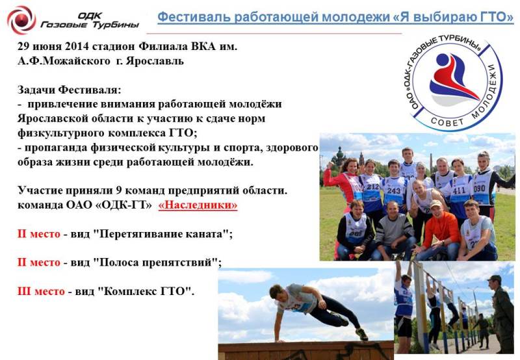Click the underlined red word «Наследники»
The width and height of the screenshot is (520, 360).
[x=198, y=205]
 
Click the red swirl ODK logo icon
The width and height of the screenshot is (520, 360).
[x=21, y=19]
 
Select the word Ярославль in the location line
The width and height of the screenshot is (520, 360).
[x=155, y=60]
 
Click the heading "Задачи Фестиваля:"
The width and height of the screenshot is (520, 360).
[x=70, y=90]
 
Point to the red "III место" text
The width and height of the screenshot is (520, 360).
[x=41, y=291]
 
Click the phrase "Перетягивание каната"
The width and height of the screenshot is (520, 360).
[x=161, y=234]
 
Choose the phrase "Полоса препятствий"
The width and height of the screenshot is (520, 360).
[x=155, y=263]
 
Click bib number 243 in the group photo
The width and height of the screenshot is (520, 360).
[x=394, y=190]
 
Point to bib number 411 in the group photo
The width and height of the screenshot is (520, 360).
[x=459, y=190]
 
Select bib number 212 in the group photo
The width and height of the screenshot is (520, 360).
[x=372, y=186]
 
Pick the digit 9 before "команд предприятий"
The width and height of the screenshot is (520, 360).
[x=119, y=190]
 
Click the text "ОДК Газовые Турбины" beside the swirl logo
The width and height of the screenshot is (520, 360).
[x=90, y=20]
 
